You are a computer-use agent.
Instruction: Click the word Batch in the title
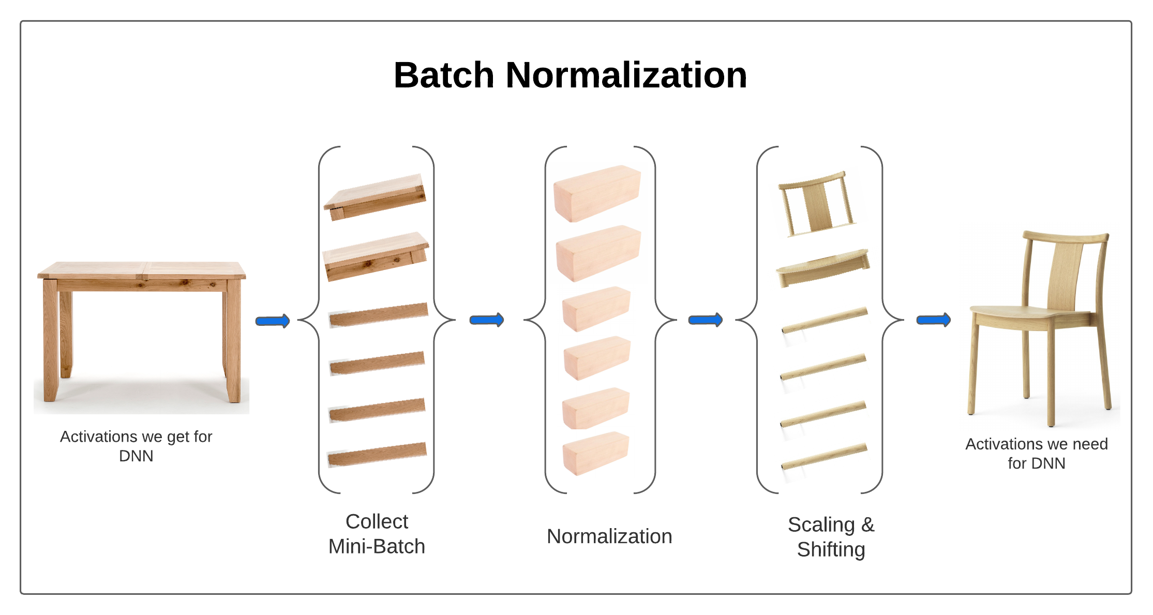(x=444, y=76)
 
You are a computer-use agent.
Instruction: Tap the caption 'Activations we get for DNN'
(x=136, y=446)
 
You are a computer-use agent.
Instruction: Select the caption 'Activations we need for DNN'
(x=1036, y=453)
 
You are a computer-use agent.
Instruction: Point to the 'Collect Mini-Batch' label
(x=377, y=534)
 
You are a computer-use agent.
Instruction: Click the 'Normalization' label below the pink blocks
(x=609, y=536)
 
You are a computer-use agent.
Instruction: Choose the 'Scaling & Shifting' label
(x=831, y=537)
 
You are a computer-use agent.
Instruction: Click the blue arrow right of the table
(x=273, y=321)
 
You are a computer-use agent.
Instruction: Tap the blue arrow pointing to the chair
(x=933, y=320)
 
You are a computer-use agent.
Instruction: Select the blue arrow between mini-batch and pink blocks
(x=486, y=320)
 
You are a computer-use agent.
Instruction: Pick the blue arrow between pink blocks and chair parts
(x=705, y=320)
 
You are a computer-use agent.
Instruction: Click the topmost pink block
(x=597, y=193)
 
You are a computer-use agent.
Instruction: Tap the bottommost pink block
(x=595, y=453)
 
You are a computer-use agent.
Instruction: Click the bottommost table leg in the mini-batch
(x=377, y=454)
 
